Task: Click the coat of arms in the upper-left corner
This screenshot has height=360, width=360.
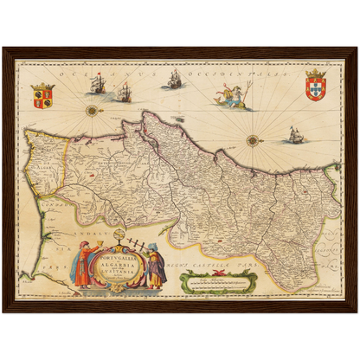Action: point(42,95)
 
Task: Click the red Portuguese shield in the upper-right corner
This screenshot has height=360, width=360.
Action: point(318,87)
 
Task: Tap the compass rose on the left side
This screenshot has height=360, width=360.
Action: point(91,110)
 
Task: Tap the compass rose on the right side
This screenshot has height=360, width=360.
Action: point(253,140)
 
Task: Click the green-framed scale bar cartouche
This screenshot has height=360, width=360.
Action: point(218,281)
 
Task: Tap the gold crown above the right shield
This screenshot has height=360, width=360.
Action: point(318,73)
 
